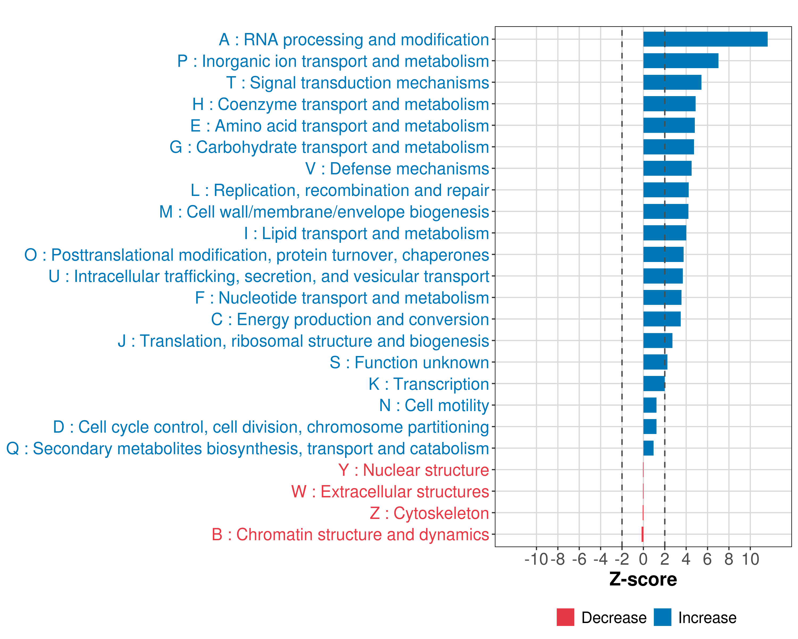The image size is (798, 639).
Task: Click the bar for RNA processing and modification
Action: (705, 39)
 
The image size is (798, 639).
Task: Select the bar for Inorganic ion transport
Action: (681, 61)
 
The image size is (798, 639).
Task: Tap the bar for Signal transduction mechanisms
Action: (672, 82)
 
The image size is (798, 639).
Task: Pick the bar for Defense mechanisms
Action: (667, 168)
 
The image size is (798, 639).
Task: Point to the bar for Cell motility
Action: (650, 405)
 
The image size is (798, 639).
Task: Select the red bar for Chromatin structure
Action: (643, 534)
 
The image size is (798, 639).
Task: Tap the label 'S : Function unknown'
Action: (409, 363)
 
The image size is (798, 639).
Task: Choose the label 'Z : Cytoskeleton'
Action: (429, 513)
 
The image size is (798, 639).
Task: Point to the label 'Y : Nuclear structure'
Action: (413, 470)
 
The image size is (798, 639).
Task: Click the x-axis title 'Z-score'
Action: (643, 579)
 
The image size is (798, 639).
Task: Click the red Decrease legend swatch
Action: (565, 617)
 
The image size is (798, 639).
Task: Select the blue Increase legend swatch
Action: (662, 617)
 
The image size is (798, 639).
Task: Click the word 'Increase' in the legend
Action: (707, 618)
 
